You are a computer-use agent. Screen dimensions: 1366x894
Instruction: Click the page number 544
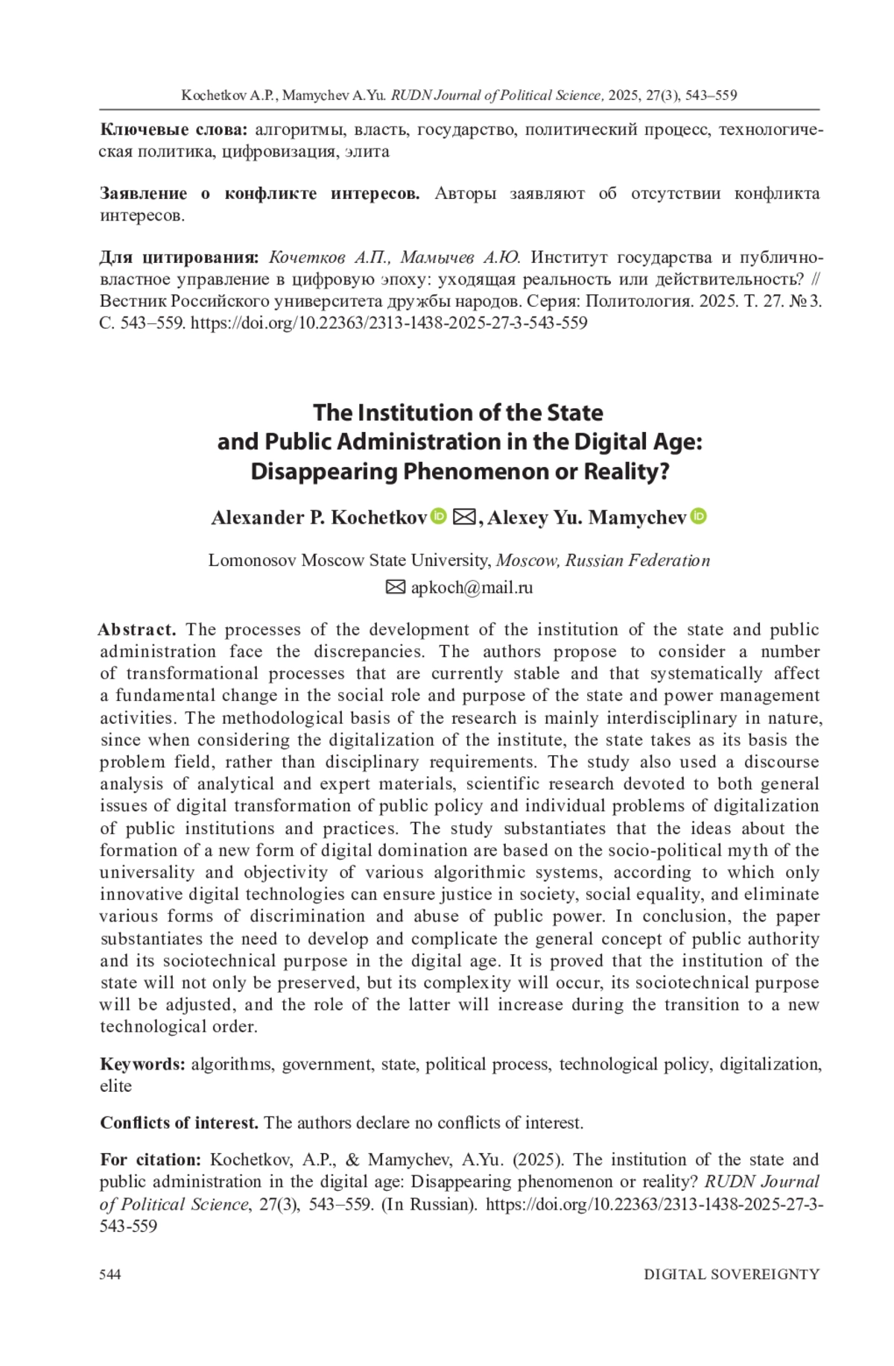(x=110, y=1274)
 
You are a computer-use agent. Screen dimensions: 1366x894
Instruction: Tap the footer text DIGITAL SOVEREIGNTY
(x=732, y=1274)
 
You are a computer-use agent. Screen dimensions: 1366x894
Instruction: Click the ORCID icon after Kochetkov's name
(x=440, y=515)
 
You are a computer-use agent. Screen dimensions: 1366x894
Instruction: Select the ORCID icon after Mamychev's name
(x=699, y=515)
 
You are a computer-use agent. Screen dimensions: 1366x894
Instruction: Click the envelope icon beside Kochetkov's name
(x=464, y=516)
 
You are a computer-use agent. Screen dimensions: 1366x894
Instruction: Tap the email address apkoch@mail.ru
(x=472, y=588)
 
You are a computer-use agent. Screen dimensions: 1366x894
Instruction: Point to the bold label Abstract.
(x=138, y=629)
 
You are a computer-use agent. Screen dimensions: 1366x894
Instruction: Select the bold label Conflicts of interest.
(x=179, y=1122)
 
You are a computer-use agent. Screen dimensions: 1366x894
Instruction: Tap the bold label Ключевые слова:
(x=174, y=130)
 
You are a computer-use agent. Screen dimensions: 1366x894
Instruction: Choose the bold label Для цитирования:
(x=179, y=258)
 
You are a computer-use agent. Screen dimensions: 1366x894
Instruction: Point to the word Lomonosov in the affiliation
(x=252, y=560)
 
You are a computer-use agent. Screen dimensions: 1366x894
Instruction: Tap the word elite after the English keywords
(x=115, y=1086)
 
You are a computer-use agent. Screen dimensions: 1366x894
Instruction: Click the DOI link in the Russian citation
(x=389, y=323)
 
